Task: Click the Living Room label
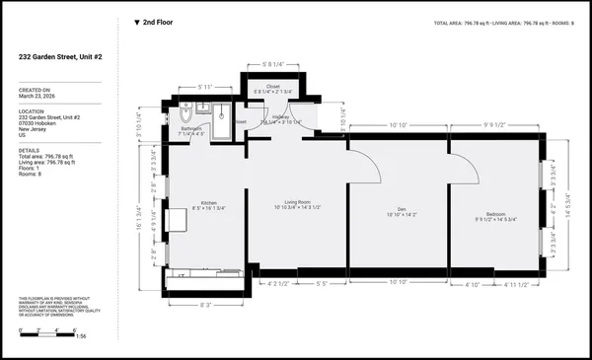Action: [x=296, y=203]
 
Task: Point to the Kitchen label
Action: [x=207, y=204]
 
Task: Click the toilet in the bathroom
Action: [x=186, y=109]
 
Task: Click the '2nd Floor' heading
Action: [x=152, y=22]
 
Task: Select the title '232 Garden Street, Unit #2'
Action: [x=64, y=58]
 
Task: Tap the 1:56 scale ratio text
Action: [x=82, y=336]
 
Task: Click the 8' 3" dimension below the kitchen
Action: [x=206, y=305]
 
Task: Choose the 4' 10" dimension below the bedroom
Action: [x=472, y=285]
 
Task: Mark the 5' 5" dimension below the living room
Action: [x=322, y=285]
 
